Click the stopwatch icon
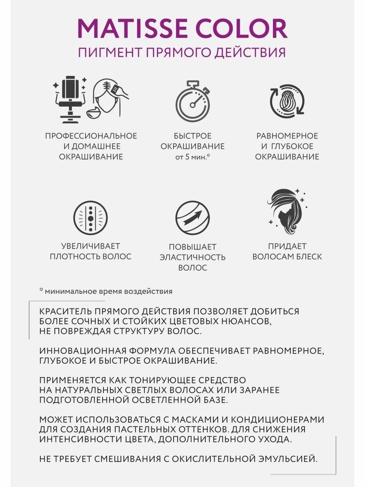pos(192,99)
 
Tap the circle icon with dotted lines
pos(90,217)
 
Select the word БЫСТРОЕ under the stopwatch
pos(192,136)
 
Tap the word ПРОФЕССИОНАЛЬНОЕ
pos(91,136)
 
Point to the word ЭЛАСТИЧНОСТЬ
pos(192,257)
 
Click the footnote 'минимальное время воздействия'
pos(108,291)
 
